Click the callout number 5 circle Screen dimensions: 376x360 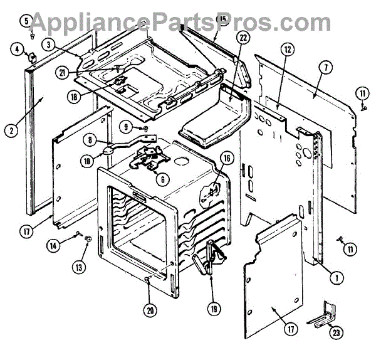pyautogui.click(x=26, y=21)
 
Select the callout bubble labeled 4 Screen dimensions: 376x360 pyautogui.click(x=18, y=50)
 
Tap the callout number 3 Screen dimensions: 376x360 pyautogui.click(x=48, y=45)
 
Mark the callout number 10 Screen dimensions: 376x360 pyautogui.click(x=86, y=161)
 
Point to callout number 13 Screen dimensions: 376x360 pyautogui.click(x=78, y=267)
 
